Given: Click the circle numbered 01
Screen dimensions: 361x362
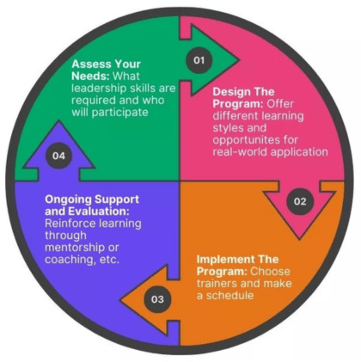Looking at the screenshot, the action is [x=199, y=60].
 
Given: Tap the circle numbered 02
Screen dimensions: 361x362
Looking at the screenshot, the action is [x=300, y=201].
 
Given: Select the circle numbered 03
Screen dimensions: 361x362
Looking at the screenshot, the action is [x=157, y=299].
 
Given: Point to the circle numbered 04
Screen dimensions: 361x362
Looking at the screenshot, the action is [x=58, y=156].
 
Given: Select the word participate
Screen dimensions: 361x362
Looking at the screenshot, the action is [x=119, y=112].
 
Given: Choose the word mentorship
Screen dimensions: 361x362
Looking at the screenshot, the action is [x=75, y=248].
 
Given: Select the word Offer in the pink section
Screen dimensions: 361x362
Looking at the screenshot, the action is [x=280, y=103].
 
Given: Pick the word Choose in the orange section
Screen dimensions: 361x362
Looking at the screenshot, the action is [x=270, y=271].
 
